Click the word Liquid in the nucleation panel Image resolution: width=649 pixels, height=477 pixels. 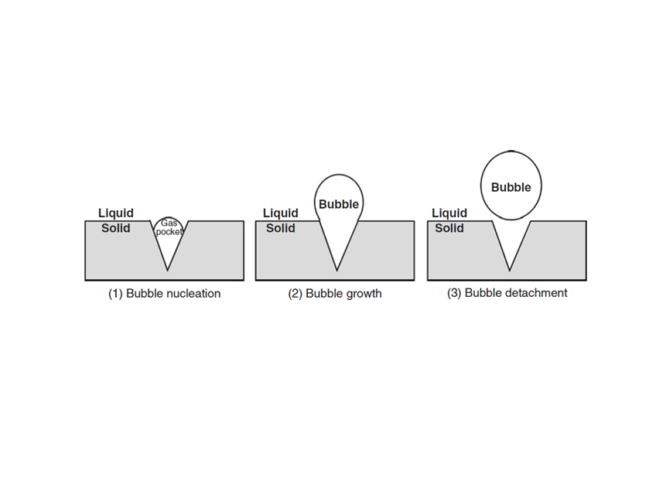click(116, 213)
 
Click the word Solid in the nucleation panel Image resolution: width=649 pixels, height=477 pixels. click(116, 228)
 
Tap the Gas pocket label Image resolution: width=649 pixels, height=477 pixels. click(169, 227)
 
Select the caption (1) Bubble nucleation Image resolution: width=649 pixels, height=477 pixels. click(164, 294)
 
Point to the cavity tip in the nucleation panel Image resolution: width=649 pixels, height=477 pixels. click(168, 270)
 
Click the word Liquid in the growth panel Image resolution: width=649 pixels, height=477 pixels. click(281, 213)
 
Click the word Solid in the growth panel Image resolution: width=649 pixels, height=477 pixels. click(281, 228)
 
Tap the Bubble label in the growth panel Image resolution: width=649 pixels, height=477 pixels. click(339, 204)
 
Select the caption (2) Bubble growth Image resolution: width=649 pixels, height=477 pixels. click(335, 294)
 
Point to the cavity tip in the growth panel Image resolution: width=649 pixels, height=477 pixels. click(337, 270)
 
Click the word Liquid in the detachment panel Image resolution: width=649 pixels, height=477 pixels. click(449, 213)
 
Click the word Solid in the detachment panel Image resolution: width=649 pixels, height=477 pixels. click(449, 228)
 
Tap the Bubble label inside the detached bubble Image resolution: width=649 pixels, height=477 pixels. click(511, 187)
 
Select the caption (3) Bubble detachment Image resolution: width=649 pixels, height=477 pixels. click(507, 293)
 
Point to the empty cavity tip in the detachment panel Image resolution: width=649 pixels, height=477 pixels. click(509, 270)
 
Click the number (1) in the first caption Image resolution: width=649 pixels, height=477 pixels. click(115, 294)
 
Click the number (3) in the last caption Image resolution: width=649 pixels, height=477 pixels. click(455, 293)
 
